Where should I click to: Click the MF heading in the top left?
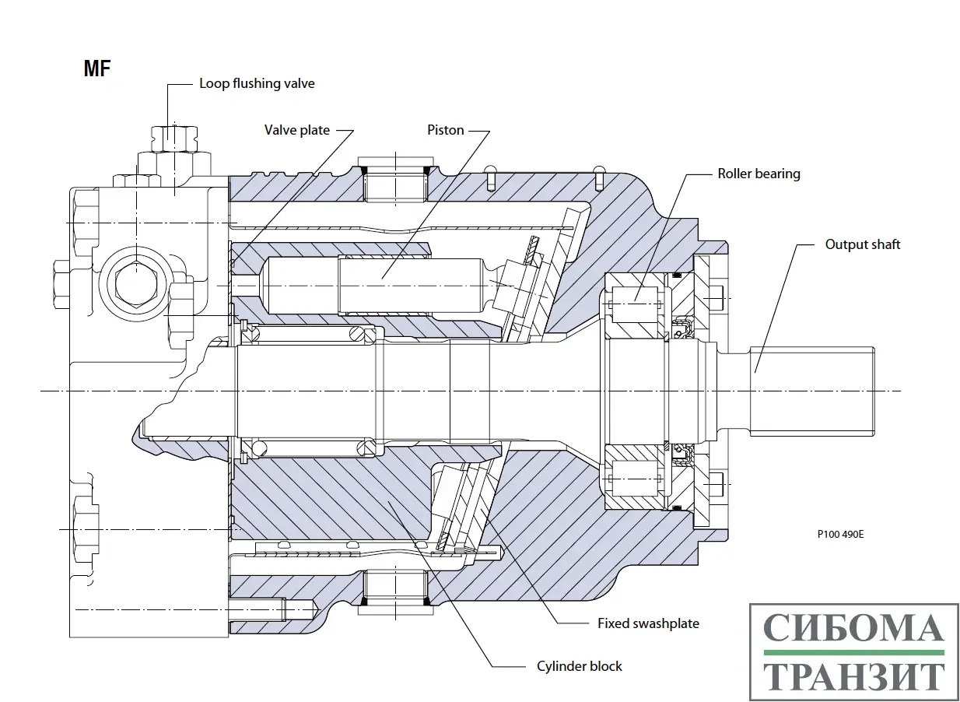click(x=97, y=68)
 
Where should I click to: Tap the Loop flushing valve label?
click(x=257, y=83)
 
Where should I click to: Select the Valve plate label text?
click(x=297, y=130)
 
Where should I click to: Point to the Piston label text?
click(x=445, y=130)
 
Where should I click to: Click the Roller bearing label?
click(x=759, y=174)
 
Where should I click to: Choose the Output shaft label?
click(x=862, y=244)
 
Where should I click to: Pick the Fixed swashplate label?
click(x=648, y=623)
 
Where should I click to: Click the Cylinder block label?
click(x=580, y=666)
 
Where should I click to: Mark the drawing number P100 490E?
click(x=840, y=535)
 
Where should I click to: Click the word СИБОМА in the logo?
click(x=853, y=627)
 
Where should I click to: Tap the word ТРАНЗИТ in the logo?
click(x=853, y=676)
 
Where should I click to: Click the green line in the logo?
click(x=853, y=651)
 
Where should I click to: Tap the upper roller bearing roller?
click(x=636, y=299)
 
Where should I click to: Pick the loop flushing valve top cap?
click(x=173, y=138)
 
